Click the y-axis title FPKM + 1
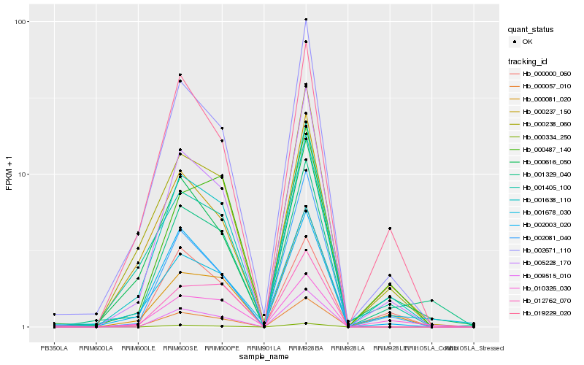9,174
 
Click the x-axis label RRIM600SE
180,348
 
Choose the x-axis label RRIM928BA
306,348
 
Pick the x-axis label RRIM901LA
264,348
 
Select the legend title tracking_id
529,61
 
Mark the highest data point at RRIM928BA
306,20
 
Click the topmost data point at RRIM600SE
180,74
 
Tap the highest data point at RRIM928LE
390,228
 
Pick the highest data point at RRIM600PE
222,128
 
